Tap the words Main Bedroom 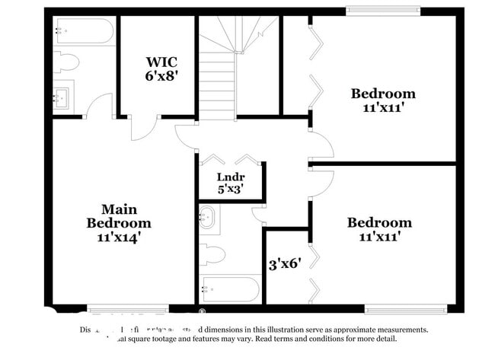[x=118, y=215]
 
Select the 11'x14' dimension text [x=118, y=237]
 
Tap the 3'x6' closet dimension [x=285, y=264]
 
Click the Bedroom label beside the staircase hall [x=383, y=94]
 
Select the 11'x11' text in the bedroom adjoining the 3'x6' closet [x=380, y=237]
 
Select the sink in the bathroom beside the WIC [x=62, y=97]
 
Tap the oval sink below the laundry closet [x=206, y=218]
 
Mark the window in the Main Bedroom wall [x=117, y=309]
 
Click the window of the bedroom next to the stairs [x=373, y=11]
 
